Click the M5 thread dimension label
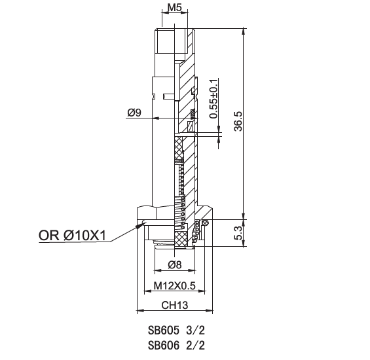click(x=174, y=8)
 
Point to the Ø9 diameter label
click(x=134, y=113)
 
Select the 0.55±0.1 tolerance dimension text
click(x=213, y=99)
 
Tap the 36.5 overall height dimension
click(x=238, y=121)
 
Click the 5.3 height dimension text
click(x=238, y=233)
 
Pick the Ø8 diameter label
click(x=175, y=264)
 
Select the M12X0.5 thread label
click(x=175, y=285)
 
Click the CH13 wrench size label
click(x=175, y=305)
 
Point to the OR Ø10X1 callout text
click(x=73, y=235)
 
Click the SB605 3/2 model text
click(x=176, y=331)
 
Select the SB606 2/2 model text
click(x=176, y=346)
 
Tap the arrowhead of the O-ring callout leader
click(x=140, y=225)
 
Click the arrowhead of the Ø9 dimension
click(x=157, y=118)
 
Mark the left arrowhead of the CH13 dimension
click(x=141, y=310)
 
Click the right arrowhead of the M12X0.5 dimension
click(x=201, y=291)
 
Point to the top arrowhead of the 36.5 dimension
click(x=244, y=32)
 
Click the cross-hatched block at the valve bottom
click(x=181, y=240)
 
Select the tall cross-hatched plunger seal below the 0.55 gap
click(x=179, y=148)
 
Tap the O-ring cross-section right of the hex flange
click(x=206, y=222)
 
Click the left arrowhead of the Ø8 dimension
click(x=157, y=270)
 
